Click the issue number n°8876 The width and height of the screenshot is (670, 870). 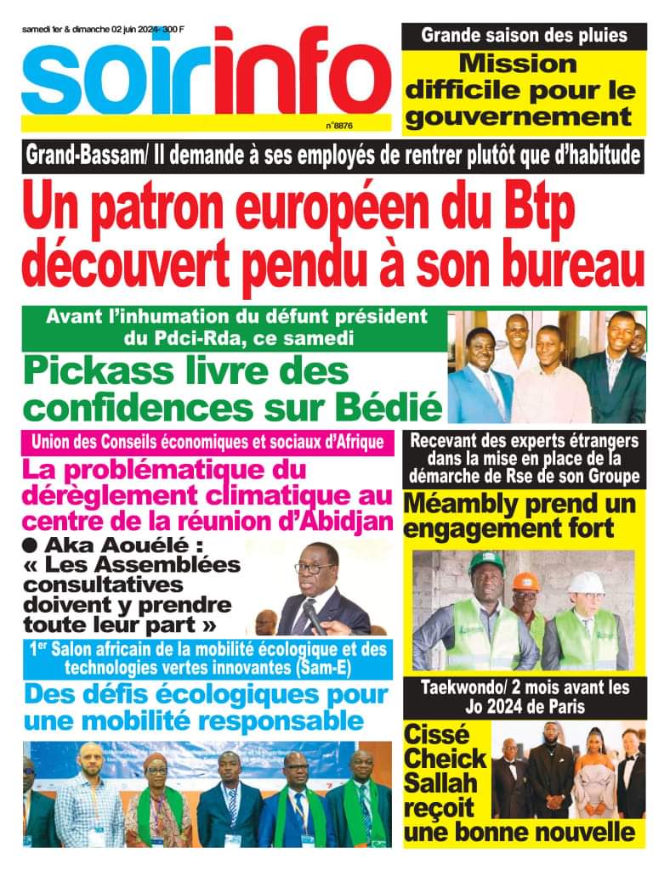point(339,125)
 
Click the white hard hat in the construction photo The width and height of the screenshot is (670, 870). point(585,583)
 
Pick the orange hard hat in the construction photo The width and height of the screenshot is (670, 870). point(522,579)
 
